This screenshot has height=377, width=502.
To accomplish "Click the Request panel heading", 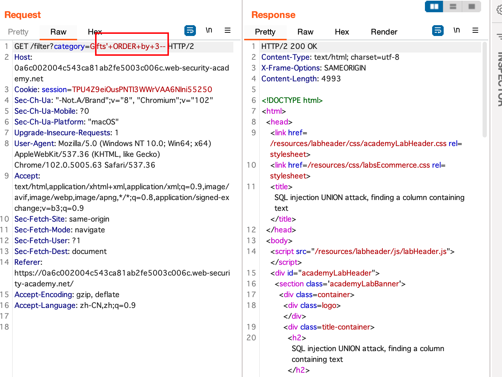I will click(x=23, y=15).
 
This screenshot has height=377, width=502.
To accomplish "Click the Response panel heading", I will click(x=273, y=15).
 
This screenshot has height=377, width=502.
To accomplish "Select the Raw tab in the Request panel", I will click(x=58, y=32).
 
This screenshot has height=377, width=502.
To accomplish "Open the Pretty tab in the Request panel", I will click(x=18, y=32).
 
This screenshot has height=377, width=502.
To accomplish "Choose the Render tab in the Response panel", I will click(x=384, y=32).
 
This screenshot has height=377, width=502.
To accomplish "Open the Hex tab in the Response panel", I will click(x=342, y=32).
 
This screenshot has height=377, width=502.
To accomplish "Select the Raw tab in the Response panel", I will click(x=305, y=32).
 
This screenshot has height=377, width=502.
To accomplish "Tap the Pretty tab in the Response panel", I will click(x=265, y=32).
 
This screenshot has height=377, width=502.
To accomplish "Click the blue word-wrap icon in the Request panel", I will click(x=190, y=31).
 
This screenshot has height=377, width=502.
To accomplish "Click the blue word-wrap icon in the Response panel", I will click(x=438, y=31).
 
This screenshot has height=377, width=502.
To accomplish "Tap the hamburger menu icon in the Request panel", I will click(x=228, y=31).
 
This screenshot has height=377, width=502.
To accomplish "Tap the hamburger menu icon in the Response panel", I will click(x=475, y=31).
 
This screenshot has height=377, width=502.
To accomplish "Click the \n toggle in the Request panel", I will click(x=209, y=30).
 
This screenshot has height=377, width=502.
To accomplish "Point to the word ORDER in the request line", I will click(x=125, y=46).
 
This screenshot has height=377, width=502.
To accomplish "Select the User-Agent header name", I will click(x=35, y=144).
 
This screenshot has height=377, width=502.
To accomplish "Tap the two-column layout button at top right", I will click(x=434, y=6).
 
